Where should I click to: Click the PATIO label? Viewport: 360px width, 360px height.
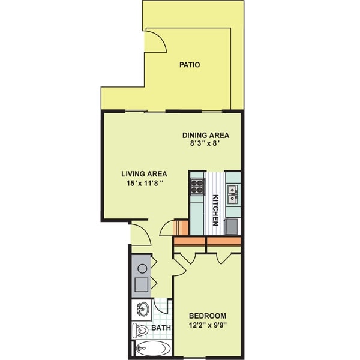pos(189,65)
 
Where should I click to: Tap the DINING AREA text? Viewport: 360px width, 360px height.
pos(206,135)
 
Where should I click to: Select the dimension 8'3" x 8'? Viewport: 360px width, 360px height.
pos(206,144)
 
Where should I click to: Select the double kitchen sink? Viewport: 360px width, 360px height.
pos(233,191)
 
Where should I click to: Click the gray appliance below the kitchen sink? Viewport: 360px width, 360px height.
pos(232,226)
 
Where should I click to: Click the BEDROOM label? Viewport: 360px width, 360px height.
pos(207,316)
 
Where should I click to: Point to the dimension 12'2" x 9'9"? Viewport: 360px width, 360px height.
pos(207,326)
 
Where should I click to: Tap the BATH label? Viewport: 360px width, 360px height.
pos(161,328)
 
